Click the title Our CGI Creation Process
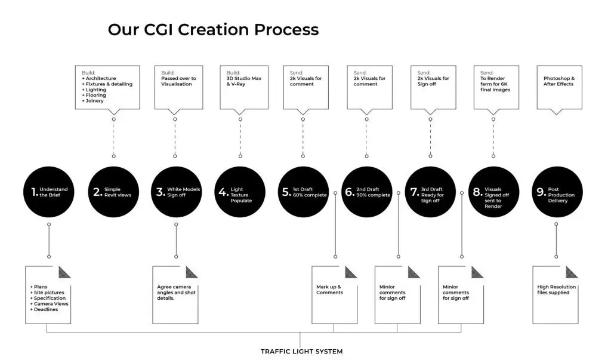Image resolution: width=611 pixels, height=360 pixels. [x=213, y=30]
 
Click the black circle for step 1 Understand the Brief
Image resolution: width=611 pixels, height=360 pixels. [x=49, y=192]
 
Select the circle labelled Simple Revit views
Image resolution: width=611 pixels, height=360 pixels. [x=113, y=192]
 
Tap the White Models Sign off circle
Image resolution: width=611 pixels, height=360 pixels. [x=175, y=192]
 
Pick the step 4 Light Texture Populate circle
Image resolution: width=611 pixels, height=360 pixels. [x=239, y=192]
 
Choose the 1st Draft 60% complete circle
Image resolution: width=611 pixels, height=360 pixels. [x=303, y=192]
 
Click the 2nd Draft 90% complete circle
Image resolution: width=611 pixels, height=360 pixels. [x=366, y=192]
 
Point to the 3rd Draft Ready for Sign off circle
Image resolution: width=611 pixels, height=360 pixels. [x=430, y=192]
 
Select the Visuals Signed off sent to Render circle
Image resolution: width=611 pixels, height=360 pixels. [x=493, y=192]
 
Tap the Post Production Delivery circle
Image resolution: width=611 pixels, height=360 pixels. [x=556, y=192]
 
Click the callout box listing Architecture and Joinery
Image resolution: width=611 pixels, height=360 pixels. [x=107, y=87]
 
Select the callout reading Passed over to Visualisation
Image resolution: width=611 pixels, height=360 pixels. [x=175, y=87]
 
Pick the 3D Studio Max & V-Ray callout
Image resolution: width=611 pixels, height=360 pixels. [x=240, y=87]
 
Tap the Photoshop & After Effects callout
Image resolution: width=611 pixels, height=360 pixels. [x=558, y=87]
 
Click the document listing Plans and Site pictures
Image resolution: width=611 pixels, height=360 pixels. [x=48, y=295]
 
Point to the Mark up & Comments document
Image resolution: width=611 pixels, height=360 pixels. [x=334, y=295]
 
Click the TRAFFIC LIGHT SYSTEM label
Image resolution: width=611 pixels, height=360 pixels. [x=301, y=352]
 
